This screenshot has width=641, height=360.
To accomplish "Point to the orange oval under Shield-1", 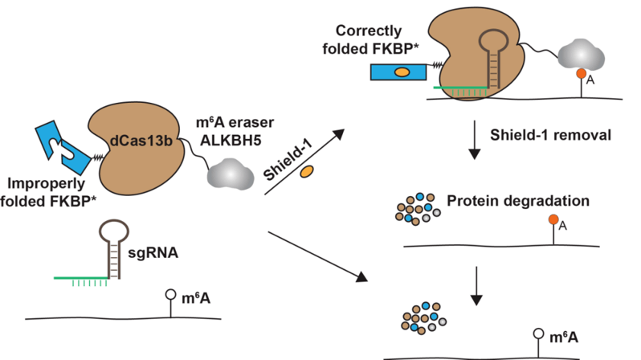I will coord(306,171).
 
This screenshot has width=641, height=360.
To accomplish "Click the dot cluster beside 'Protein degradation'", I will coord(416,206).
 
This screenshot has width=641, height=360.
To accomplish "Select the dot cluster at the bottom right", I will coord(421,315).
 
